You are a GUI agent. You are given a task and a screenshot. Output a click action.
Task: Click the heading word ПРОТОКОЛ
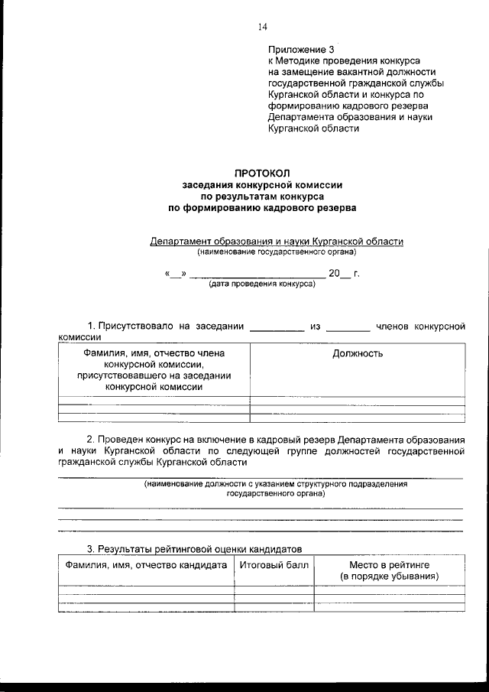[262, 174]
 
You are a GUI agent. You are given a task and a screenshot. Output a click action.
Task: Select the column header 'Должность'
[358, 353]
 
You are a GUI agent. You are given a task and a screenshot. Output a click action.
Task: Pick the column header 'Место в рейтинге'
[390, 565]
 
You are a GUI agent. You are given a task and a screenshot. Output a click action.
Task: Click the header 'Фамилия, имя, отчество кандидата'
[147, 565]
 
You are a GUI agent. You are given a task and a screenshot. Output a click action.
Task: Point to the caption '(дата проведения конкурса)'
[261, 283]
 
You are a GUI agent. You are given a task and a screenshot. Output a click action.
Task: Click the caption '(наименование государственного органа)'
[276, 251]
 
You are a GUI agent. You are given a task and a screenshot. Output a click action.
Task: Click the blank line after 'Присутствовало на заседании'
[277, 329]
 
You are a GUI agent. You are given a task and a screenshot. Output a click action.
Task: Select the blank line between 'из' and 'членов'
[348, 329]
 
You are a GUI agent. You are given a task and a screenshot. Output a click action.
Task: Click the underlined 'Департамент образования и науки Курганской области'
[276, 240]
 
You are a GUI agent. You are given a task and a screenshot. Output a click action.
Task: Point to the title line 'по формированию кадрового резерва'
[262, 206]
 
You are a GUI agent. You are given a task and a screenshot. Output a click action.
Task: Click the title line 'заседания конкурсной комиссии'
[262, 184]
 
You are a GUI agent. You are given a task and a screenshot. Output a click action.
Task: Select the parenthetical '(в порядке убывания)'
[390, 576]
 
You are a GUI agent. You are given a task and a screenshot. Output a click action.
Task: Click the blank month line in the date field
[256, 274]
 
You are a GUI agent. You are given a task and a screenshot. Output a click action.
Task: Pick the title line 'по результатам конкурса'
[262, 196]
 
